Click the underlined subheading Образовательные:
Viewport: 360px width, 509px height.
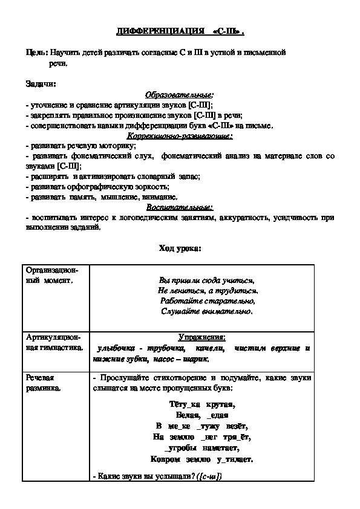coord(179,94)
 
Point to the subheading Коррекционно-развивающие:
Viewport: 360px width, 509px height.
coord(179,136)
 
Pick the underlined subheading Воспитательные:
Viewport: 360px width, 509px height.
coord(179,207)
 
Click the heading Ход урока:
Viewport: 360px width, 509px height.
coord(180,248)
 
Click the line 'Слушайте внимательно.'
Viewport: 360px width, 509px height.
coord(208,311)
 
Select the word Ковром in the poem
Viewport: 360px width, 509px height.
coord(165,459)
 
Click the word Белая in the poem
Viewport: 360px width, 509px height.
coord(188,415)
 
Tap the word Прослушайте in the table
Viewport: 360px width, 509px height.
coord(125,378)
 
